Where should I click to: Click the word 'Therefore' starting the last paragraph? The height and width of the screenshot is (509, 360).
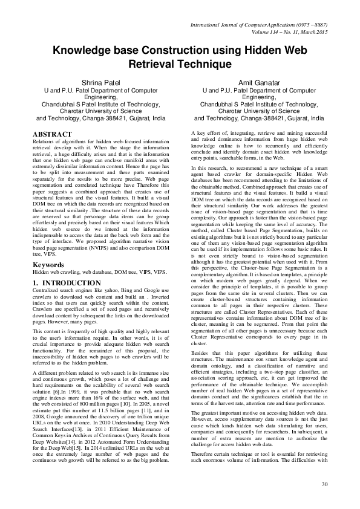click(x=204, y=470)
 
